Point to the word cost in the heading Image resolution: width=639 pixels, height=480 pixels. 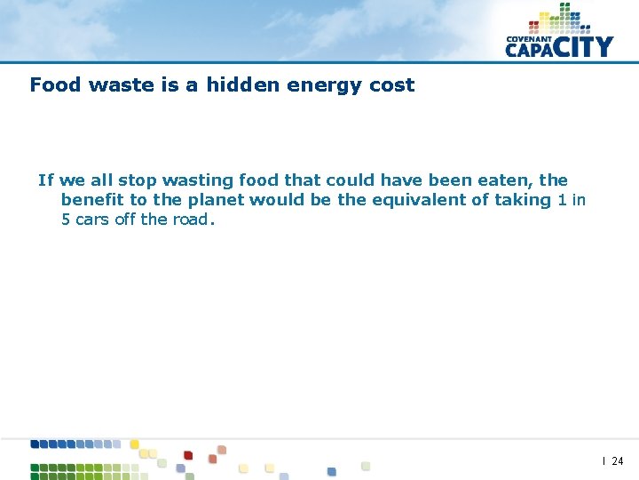pos(393,85)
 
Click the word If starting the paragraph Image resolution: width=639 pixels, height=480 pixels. pos(46,180)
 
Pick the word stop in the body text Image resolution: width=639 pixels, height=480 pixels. pos(137,180)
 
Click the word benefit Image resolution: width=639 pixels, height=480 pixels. pos(92,200)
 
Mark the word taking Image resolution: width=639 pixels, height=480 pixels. pos(523,201)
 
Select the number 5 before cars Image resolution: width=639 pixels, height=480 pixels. pos(66,220)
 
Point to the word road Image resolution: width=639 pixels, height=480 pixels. pos(190,220)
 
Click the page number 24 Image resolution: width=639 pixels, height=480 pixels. pos(618,461)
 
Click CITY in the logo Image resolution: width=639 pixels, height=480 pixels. pos(585,46)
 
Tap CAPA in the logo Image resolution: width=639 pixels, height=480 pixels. pos(531,50)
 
